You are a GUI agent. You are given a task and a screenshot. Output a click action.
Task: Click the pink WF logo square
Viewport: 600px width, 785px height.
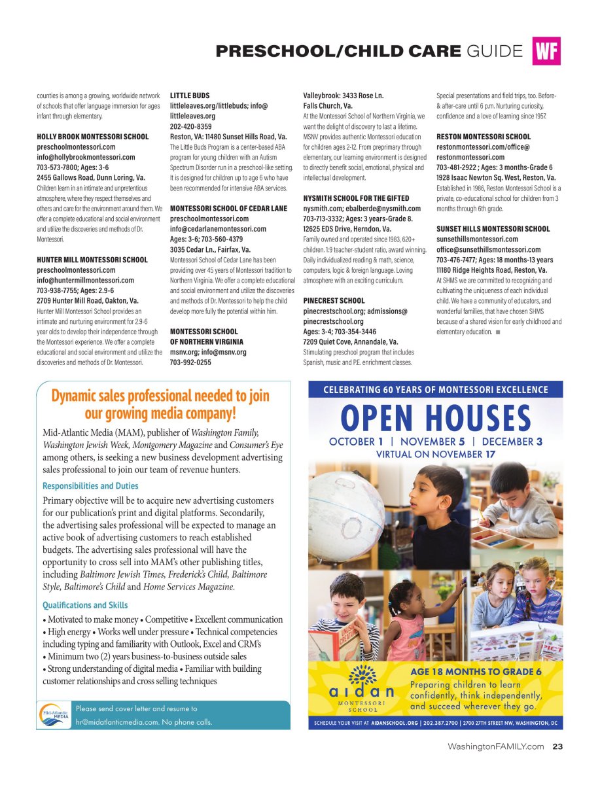(546, 52)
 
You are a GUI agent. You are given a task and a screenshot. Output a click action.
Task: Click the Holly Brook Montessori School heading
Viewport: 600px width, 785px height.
(92, 137)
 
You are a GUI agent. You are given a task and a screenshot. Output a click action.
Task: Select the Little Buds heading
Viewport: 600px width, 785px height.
(190, 96)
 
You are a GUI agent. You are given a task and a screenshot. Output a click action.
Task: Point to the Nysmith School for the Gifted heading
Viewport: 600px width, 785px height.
(356, 198)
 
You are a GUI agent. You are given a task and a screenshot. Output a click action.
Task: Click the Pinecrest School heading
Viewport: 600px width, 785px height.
(334, 301)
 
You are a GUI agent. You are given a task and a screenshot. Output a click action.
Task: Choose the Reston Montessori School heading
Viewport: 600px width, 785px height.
(484, 137)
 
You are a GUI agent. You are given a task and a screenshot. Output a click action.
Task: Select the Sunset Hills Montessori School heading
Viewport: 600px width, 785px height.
(493, 229)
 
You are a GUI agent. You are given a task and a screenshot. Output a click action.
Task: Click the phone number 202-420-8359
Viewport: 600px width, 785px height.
(190, 126)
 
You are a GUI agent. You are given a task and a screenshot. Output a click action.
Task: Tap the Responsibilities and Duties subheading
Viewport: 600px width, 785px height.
(90, 486)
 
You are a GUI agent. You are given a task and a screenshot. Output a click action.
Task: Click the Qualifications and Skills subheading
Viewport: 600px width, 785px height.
(85, 605)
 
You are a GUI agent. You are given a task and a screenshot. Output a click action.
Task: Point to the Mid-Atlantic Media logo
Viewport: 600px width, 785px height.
(55, 714)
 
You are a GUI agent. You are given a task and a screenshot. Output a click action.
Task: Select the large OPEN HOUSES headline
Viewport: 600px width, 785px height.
(436, 418)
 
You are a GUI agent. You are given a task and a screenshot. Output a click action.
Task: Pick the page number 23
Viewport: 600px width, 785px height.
(557, 746)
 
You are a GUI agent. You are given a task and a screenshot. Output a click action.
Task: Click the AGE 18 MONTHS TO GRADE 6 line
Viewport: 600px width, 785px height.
(476, 672)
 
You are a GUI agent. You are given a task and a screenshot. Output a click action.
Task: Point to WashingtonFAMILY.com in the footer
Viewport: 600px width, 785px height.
(495, 746)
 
